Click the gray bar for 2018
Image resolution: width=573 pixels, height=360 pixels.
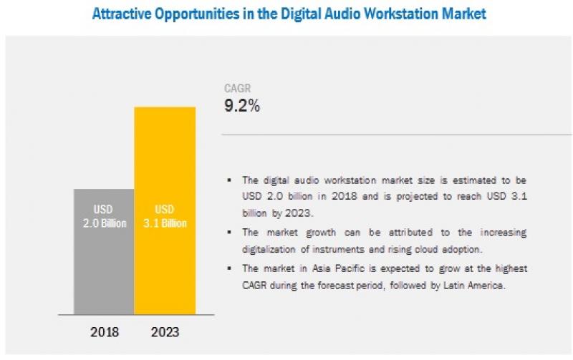(x=104, y=250)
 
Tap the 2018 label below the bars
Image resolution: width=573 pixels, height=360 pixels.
(x=104, y=333)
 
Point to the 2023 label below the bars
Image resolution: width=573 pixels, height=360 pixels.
(x=165, y=333)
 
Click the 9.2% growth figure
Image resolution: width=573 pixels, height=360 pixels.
(x=243, y=107)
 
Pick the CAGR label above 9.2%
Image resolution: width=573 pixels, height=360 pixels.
(x=237, y=89)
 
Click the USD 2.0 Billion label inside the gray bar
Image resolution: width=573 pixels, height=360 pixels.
(x=104, y=217)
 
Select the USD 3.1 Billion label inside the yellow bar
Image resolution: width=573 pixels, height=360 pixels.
(x=165, y=217)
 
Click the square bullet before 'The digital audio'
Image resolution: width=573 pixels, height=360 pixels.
(x=229, y=181)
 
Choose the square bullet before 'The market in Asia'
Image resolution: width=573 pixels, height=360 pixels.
(x=229, y=268)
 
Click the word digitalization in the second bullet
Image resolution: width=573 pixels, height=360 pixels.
(x=272, y=248)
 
